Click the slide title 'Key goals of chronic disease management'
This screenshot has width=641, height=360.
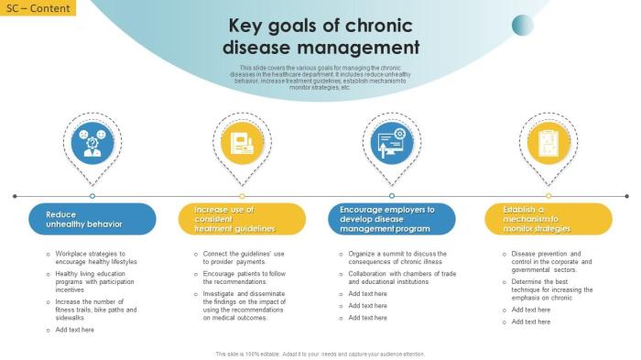tap(320, 37)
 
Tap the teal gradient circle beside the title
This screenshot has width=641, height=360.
tap(522, 25)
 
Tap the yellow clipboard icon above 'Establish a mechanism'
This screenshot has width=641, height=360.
tap(549, 142)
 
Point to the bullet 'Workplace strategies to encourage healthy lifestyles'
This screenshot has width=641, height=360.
tap(96, 257)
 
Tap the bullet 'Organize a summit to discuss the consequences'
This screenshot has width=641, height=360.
tap(397, 257)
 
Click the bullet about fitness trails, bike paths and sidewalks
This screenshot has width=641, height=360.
tap(96, 309)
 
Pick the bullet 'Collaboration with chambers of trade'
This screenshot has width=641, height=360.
tap(401, 278)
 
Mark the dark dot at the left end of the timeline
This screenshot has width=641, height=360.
tap(15, 196)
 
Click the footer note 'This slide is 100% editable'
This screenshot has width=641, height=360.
tap(320, 354)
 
